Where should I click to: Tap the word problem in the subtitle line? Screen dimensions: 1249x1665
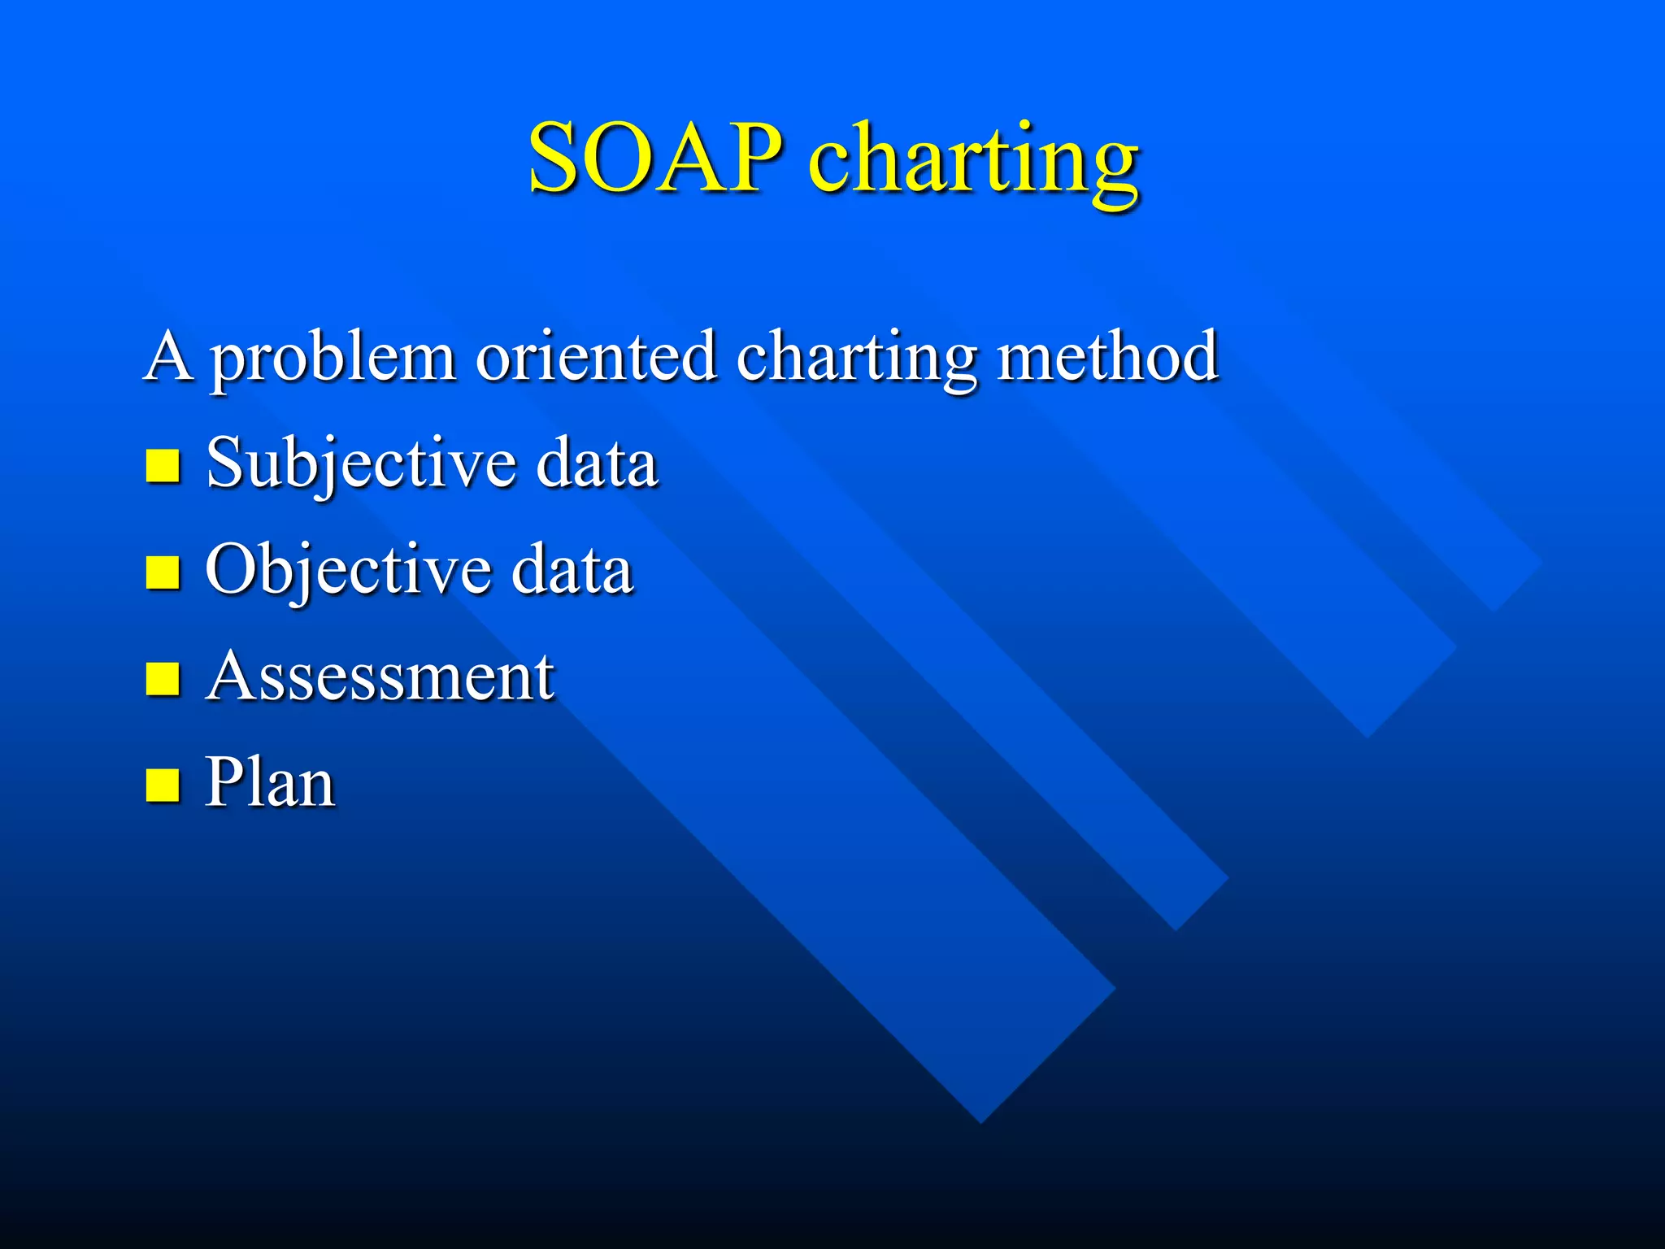(333, 358)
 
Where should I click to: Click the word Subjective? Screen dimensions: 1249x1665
(361, 463)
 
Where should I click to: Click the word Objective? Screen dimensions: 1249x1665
(348, 570)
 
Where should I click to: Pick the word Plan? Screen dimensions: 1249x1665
(270, 782)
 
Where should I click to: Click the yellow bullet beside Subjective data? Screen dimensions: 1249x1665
(163, 466)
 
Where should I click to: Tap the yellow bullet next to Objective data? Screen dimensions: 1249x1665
(163, 572)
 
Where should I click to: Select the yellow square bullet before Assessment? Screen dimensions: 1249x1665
(163, 679)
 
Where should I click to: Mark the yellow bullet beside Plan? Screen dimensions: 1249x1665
(163, 786)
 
